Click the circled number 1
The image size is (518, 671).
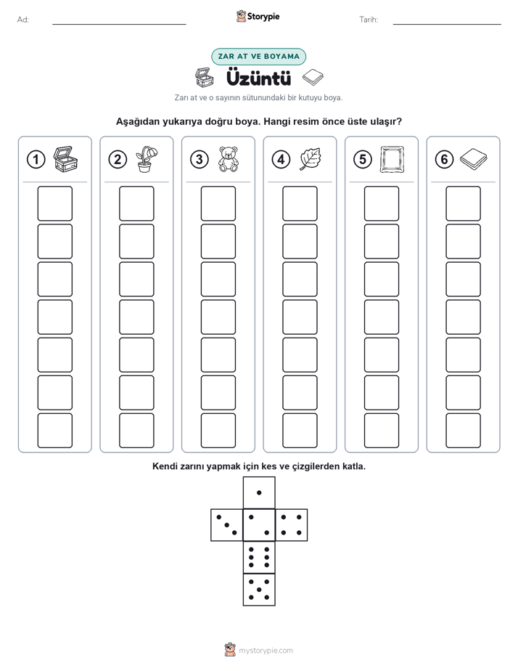[x=36, y=160]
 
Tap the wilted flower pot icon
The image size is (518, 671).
[x=146, y=159]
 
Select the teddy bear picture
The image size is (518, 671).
[x=229, y=159]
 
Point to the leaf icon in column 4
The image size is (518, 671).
[x=310, y=159]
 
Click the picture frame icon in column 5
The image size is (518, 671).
[x=392, y=159]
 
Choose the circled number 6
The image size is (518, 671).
[x=444, y=160]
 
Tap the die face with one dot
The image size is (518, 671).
[x=259, y=493]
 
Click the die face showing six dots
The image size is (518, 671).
[x=259, y=557]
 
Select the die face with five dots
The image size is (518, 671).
[x=259, y=590]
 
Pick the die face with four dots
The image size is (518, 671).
[x=292, y=525]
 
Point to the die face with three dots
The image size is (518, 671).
[x=227, y=525]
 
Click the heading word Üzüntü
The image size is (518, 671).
[x=258, y=78]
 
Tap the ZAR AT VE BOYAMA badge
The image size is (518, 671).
[x=258, y=57]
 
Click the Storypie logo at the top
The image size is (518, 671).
[x=258, y=17]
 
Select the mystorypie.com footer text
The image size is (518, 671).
[x=266, y=651]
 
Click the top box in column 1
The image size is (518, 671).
[x=54, y=203]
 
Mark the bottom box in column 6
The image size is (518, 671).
[x=464, y=431]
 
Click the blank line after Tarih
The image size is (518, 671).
[x=447, y=25]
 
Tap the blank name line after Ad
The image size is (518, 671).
[x=119, y=25]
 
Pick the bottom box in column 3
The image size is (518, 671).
[x=218, y=431]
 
